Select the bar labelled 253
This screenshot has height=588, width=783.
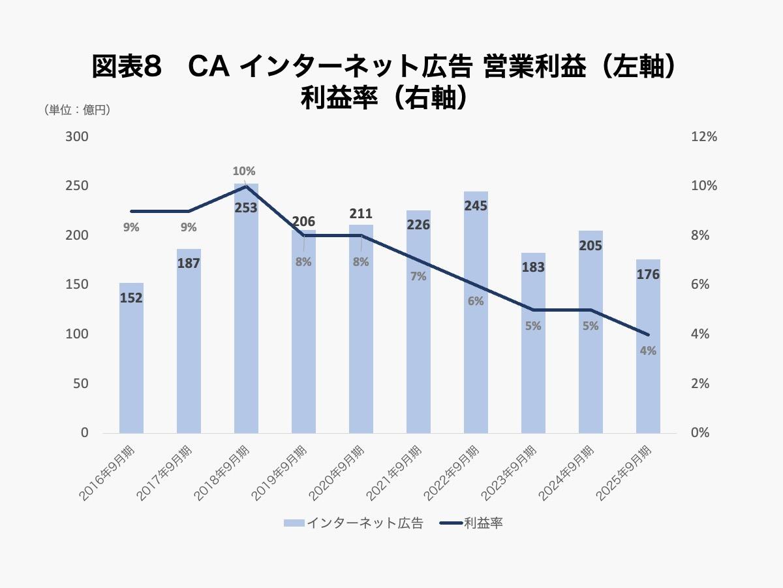[246, 327]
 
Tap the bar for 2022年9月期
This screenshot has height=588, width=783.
[476, 340]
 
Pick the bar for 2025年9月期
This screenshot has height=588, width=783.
[648, 366]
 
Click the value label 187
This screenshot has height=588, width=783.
[189, 263]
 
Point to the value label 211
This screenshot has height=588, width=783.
[361, 214]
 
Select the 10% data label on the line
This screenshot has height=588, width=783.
[244, 171]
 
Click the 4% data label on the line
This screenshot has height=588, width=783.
[648, 351]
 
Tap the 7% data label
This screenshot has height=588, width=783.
[418, 276]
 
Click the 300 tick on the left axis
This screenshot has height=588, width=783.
[76, 137]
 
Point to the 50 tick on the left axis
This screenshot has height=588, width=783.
[81, 384]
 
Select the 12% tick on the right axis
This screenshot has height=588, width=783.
[704, 137]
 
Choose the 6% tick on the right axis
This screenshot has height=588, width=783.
[701, 285]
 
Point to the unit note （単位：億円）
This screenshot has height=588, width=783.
[77, 110]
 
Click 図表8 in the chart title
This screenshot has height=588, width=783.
[127, 67]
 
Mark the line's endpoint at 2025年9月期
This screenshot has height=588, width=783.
[648, 335]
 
